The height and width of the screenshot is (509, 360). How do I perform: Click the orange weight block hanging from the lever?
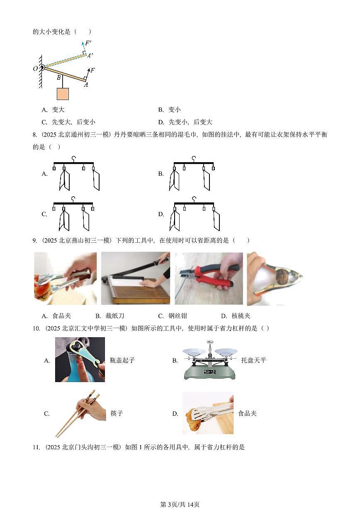[x=63, y=94]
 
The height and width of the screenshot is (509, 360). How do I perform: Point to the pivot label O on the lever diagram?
[x=35, y=68]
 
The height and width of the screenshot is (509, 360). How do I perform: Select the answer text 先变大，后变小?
[x=74, y=122]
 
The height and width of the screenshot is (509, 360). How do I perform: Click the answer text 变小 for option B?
[x=175, y=110]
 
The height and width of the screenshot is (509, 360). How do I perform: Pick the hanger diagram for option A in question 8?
[x=76, y=173]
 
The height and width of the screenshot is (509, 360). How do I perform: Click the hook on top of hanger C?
[x=73, y=198]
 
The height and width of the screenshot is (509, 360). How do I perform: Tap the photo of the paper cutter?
[x=136, y=278]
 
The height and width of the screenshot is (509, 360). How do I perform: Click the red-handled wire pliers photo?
[x=208, y=278]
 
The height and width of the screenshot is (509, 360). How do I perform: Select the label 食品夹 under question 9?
[x=62, y=316]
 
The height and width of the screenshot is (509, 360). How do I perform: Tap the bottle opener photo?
[x=80, y=359]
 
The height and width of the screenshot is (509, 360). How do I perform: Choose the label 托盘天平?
[x=253, y=360]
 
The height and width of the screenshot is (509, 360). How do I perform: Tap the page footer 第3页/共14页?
[x=180, y=504]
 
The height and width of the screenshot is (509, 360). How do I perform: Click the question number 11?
[x=36, y=447]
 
